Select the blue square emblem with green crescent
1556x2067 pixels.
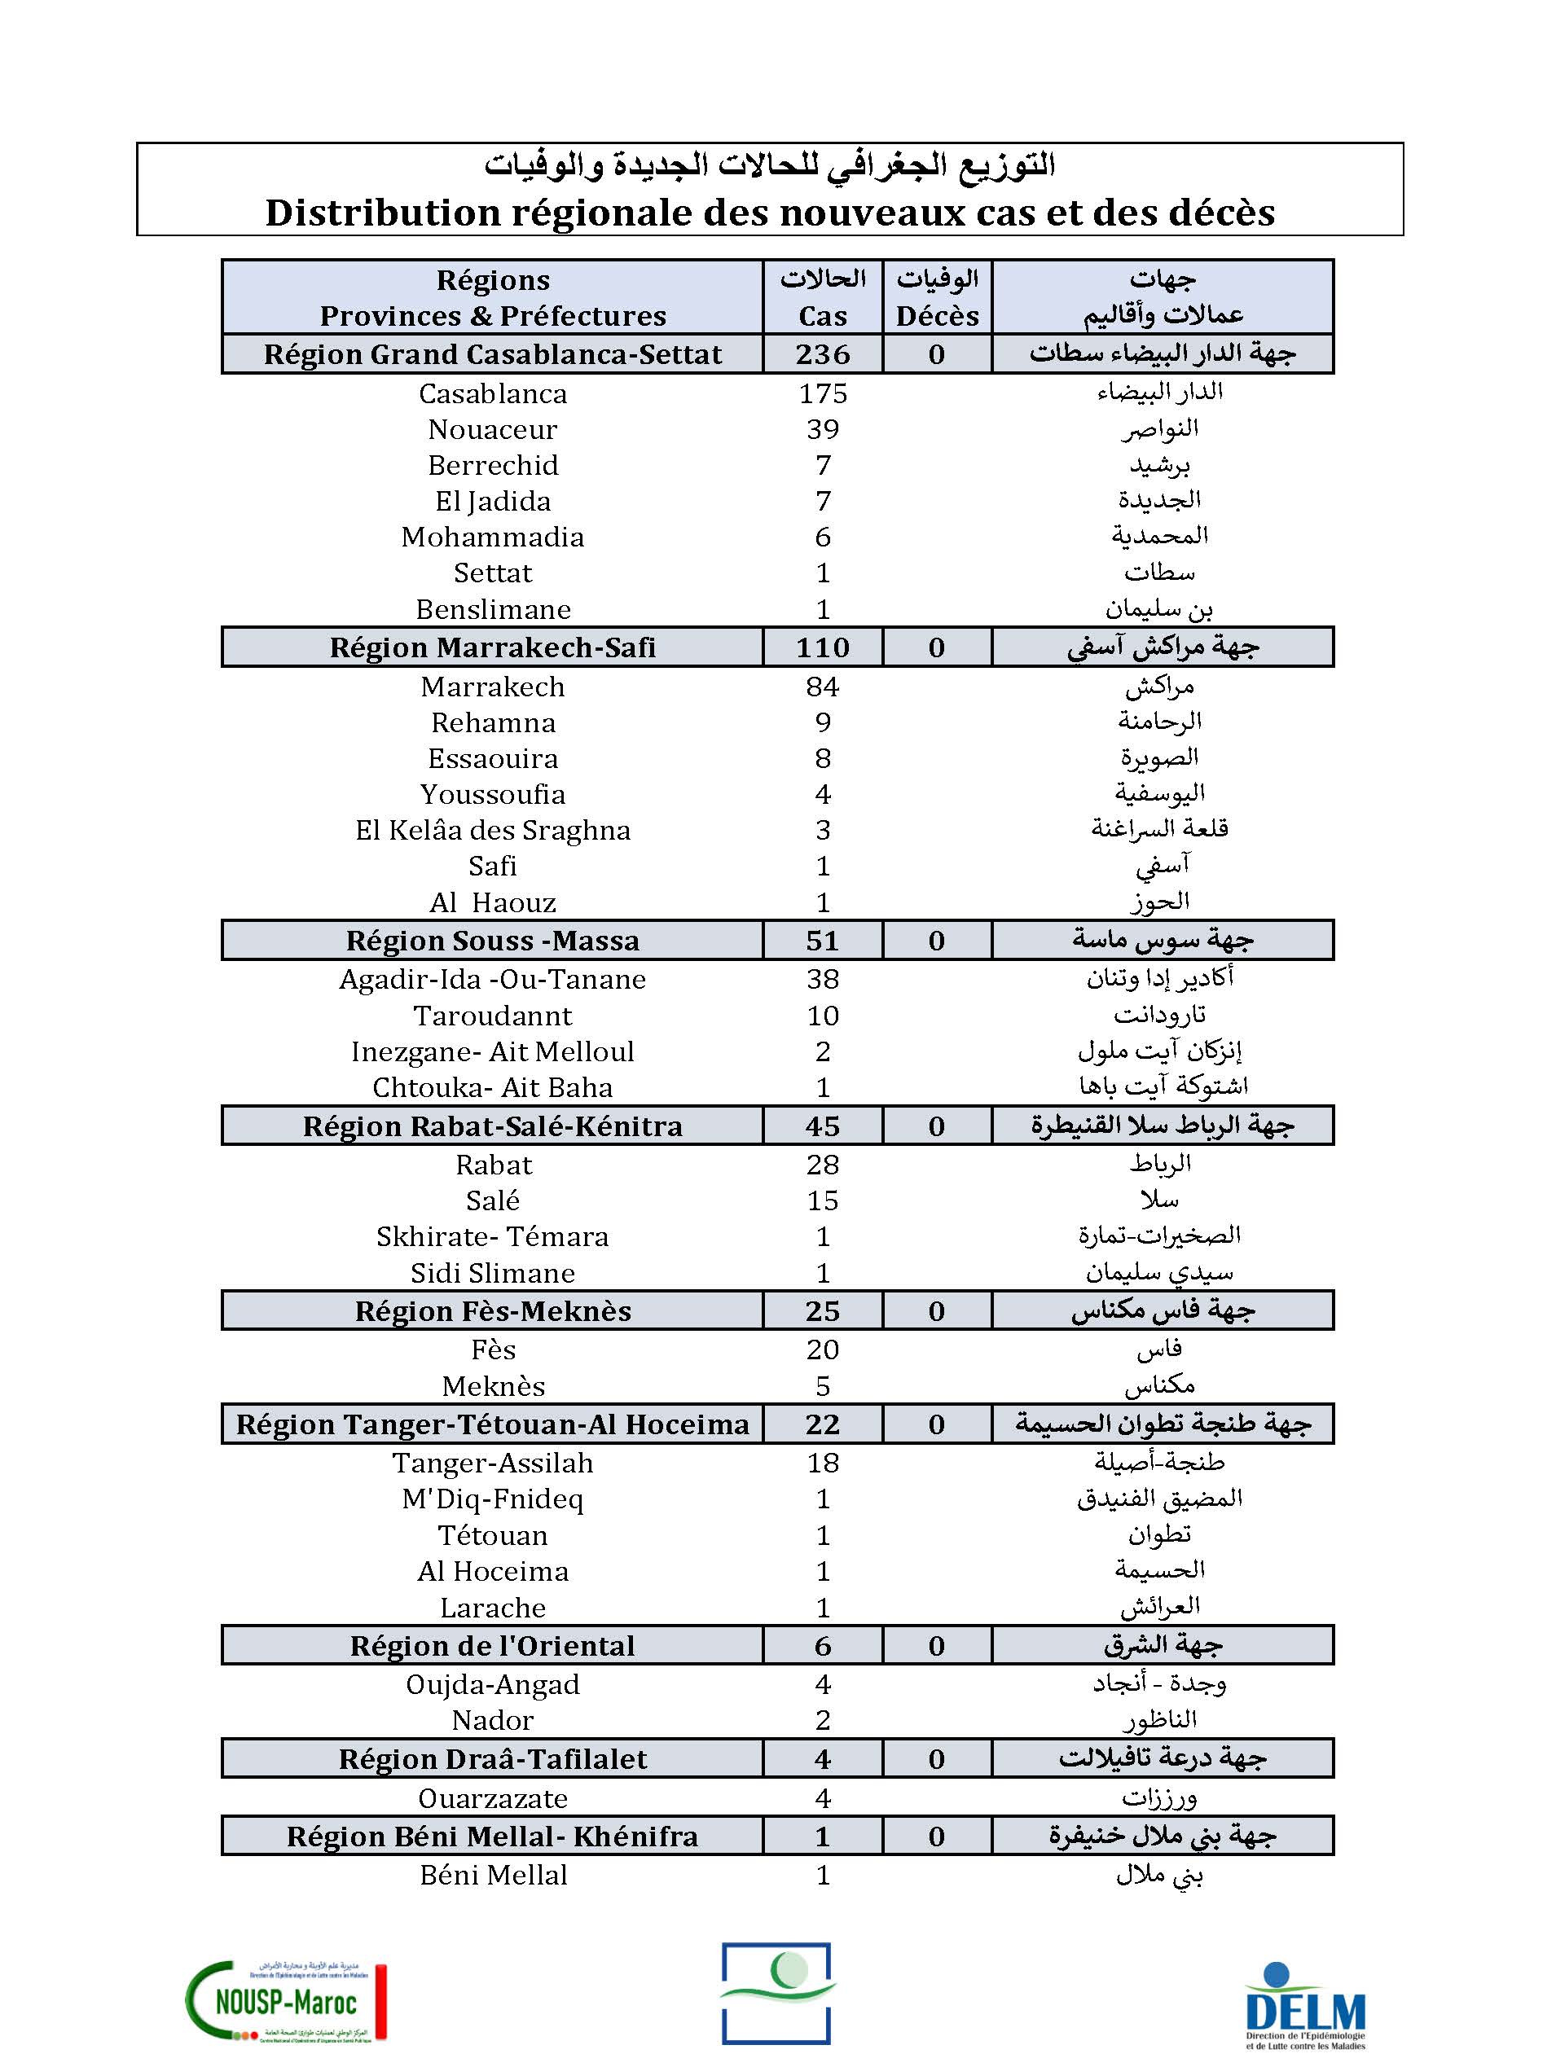[776, 1992]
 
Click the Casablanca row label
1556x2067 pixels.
[493, 393]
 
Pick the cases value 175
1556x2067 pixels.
[822, 393]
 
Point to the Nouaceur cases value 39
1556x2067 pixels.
[822, 429]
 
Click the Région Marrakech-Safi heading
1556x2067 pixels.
[493, 647]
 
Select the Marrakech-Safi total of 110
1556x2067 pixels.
[822, 647]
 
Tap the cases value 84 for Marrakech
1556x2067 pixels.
[822, 687]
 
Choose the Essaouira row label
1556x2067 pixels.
[493, 758]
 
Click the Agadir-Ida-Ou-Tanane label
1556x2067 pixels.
[493, 979]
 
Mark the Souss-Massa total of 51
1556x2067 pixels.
[822, 940]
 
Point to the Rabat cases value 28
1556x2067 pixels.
[822, 1165]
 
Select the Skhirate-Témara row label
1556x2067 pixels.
[493, 1236]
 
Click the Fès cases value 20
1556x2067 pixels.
[822, 1349]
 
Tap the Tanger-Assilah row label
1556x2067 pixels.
[493, 1463]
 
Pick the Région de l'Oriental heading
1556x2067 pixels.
[493, 1646]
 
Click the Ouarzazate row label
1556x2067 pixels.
[493, 1798]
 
